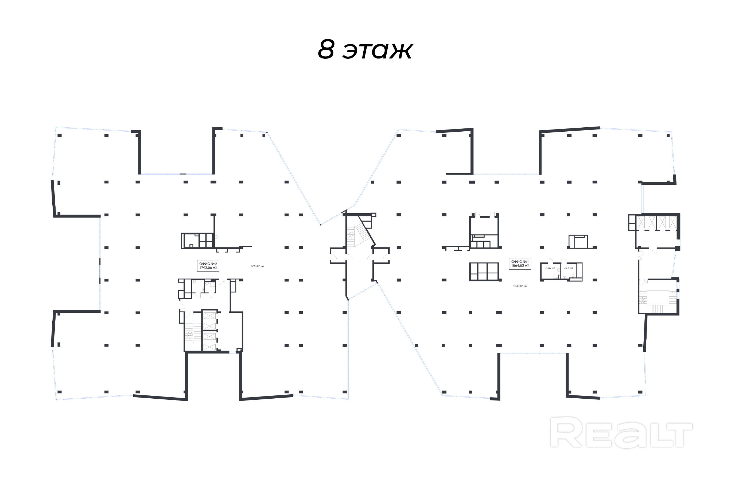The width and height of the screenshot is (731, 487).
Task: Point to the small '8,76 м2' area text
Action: tap(550, 268)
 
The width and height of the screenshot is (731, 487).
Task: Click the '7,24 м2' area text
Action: tap(569, 268)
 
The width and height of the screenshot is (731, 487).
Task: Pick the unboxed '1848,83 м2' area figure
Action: tap(520, 286)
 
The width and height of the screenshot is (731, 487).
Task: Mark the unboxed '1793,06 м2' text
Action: tap(257, 266)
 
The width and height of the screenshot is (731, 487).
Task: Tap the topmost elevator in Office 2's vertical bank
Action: tap(209, 316)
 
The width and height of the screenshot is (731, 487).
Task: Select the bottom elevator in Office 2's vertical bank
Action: tap(209, 347)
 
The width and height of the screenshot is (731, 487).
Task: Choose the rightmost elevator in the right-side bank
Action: tap(672, 222)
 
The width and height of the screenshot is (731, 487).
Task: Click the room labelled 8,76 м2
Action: tap(550, 272)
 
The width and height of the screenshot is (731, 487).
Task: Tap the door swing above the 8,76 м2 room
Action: tap(550, 260)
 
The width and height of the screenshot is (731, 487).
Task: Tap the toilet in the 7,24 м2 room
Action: tap(573, 276)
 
